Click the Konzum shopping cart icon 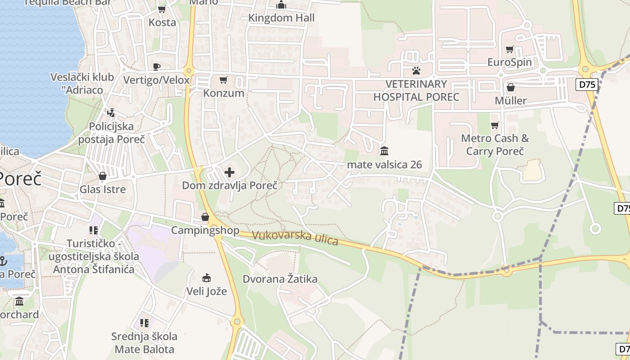[223, 80]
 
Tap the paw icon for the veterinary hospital [416, 71]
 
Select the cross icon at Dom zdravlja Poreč [229, 172]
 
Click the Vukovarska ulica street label [295, 238]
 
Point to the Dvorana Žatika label [280, 279]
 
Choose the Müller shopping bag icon [511, 87]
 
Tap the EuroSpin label [510, 62]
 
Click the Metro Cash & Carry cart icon [495, 125]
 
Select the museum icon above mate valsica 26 [384, 151]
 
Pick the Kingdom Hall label [282, 18]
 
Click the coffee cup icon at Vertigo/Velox [156, 67]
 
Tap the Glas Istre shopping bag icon [103, 176]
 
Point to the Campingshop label [205, 230]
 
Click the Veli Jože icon [207, 278]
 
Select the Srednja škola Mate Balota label [144, 342]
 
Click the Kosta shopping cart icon [162, 9]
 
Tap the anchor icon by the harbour [3, 261]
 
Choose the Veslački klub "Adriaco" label [82, 83]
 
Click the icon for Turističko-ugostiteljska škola [94, 231]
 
